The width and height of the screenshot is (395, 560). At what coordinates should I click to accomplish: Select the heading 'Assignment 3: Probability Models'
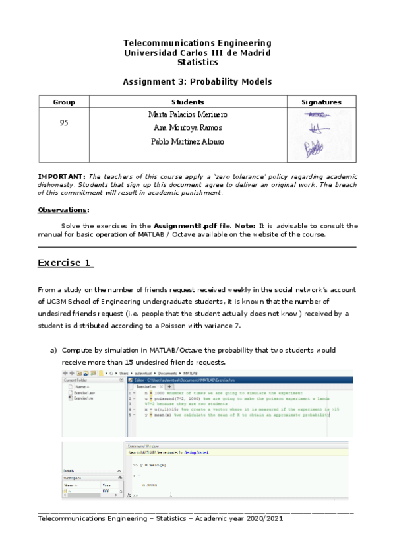click(197, 81)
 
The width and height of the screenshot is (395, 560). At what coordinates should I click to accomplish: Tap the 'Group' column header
click(64, 102)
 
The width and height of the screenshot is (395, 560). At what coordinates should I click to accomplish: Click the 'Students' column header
click(187, 102)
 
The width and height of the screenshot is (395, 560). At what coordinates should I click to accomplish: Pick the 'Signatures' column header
click(321, 102)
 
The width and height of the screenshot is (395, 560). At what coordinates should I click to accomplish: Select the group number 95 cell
click(64, 122)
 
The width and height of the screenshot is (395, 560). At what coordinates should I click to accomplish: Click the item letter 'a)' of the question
click(54, 350)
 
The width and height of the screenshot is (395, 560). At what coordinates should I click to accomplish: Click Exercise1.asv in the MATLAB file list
click(85, 393)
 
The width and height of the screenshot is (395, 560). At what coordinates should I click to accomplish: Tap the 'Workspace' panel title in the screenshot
click(73, 476)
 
